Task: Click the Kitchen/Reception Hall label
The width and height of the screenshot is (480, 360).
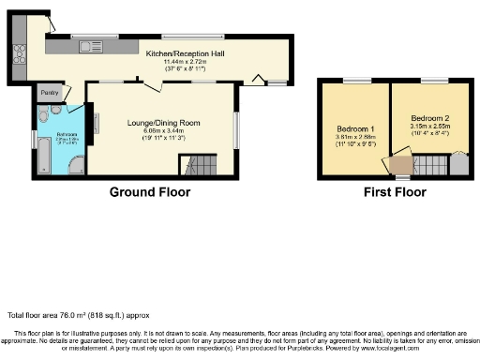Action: [184, 54]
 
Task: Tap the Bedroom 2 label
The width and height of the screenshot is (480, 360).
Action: [429, 118]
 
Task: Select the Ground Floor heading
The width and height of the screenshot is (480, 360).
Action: [150, 192]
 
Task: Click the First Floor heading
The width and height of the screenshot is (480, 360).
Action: [394, 192]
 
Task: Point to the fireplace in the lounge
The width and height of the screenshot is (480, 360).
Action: [97, 123]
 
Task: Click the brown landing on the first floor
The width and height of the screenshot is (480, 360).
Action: [401, 166]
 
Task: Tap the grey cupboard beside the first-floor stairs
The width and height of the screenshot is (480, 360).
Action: [458, 165]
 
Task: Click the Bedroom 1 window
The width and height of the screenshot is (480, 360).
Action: [355, 82]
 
